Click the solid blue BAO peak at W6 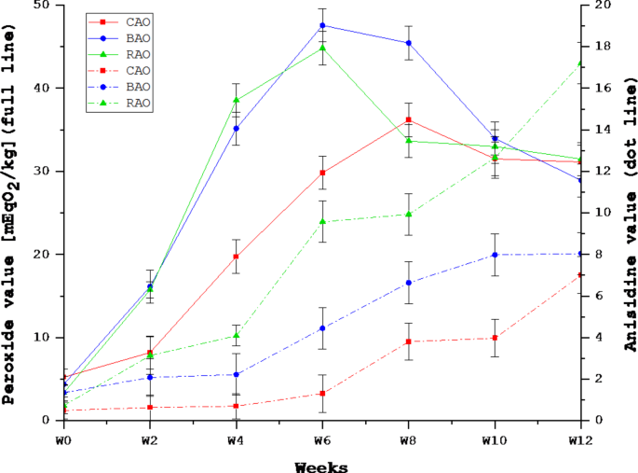tap(322, 25)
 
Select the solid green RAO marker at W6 tap(322, 48)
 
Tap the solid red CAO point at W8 tap(408, 119)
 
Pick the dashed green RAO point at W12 tap(580, 63)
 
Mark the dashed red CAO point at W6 tap(322, 394)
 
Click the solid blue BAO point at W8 tap(408, 43)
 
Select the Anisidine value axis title tap(628, 213)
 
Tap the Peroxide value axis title tap(10, 213)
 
